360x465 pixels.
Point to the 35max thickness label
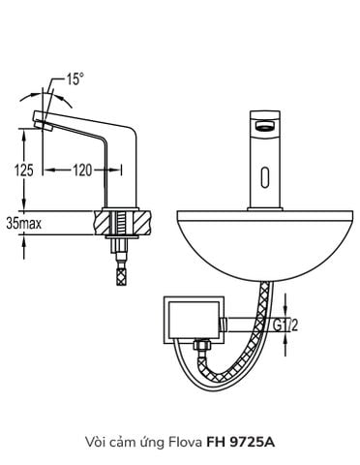click(22, 222)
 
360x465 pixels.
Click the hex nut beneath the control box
click(204, 346)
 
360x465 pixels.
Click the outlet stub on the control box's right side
click(236, 325)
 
